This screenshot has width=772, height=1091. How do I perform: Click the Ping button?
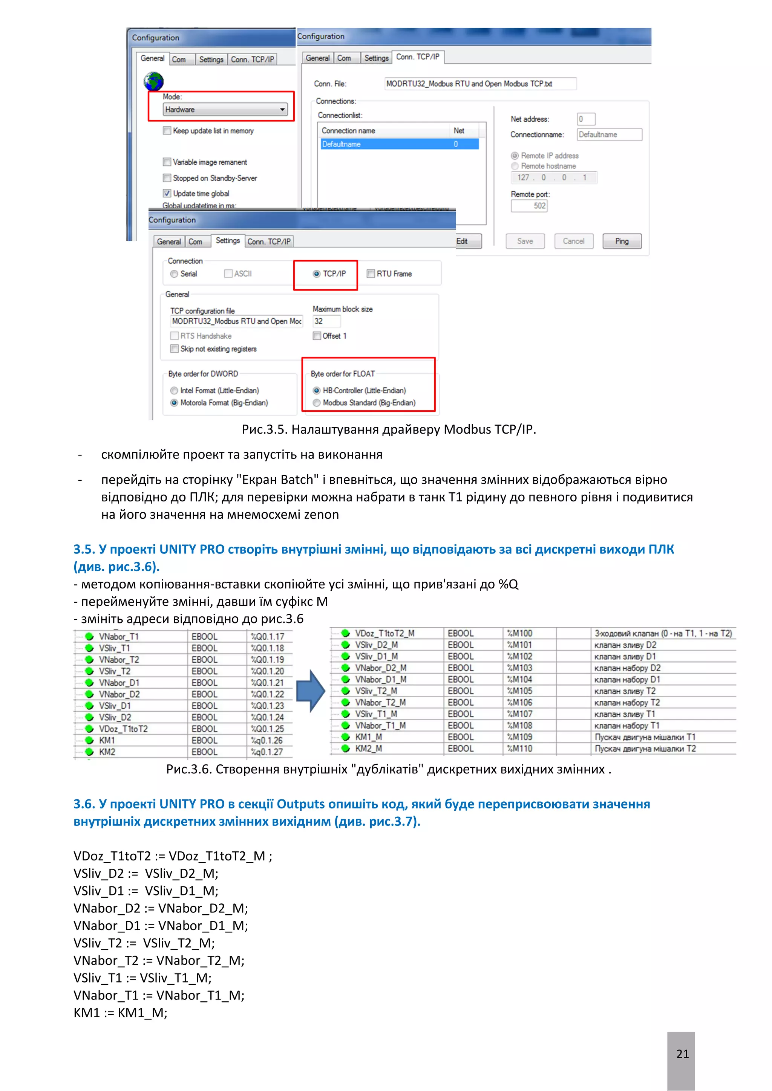621,241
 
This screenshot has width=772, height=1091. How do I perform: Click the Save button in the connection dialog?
525,241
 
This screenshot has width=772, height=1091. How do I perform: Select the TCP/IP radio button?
317,274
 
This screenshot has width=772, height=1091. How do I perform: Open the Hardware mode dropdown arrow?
282,110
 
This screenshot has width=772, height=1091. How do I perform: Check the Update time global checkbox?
167,193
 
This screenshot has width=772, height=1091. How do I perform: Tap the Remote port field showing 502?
529,206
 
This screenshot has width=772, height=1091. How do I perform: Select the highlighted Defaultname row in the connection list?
399,144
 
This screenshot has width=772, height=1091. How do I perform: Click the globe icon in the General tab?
153,81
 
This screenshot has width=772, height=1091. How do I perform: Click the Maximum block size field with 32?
326,321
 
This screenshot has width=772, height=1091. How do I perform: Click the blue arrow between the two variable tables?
310,691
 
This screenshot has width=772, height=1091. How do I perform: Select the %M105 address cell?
519,691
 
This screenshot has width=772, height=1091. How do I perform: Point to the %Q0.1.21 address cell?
267,683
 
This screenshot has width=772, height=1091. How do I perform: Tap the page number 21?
682,1054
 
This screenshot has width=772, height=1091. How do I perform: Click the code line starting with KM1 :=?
120,1013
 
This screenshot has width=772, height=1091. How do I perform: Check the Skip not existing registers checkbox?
175,349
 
